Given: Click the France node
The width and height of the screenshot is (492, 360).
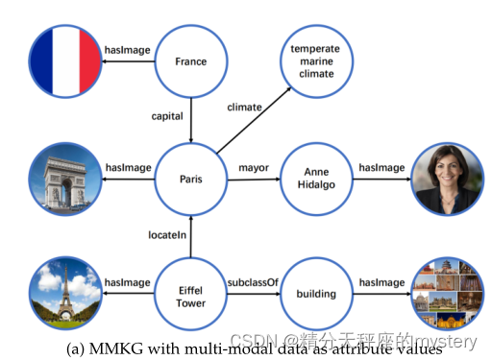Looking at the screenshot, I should pos(191,62).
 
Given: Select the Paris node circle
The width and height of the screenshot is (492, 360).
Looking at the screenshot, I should pos(191,179).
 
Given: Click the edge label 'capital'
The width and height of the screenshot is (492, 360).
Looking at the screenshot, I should pos(167,115).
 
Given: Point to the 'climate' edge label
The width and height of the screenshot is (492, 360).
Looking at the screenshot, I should pos(244,107).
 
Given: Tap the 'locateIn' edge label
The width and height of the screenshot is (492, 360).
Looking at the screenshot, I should pos(167,234).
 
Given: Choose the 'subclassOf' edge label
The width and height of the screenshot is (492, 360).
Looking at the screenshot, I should pos(254,283).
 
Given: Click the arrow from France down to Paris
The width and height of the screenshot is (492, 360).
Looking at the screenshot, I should pos(191,120).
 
